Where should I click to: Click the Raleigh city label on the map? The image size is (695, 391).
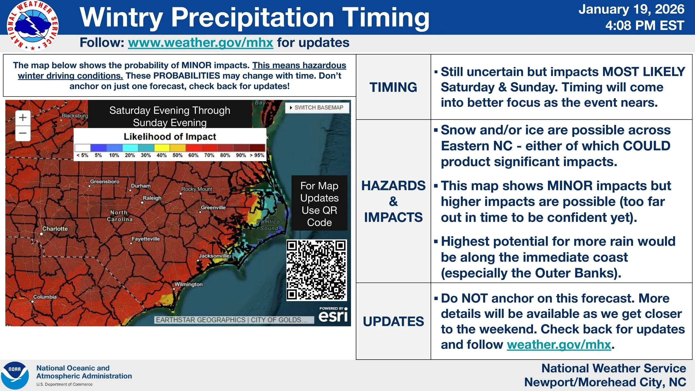pyautogui.click(x=152, y=198)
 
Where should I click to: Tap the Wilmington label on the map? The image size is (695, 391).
pyautogui.click(x=188, y=284)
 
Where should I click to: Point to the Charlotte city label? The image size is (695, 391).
pyautogui.click(x=55, y=229)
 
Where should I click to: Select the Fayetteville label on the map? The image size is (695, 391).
pyautogui.click(x=146, y=239)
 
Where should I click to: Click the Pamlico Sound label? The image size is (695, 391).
pyautogui.click(x=269, y=225)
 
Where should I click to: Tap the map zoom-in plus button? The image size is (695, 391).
pyautogui.click(x=23, y=117)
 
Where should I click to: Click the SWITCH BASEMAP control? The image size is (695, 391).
pyautogui.click(x=317, y=108)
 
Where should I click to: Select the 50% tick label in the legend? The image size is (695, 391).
pyautogui.click(x=177, y=155)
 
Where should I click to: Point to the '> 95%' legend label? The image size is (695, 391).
pyautogui.click(x=257, y=155)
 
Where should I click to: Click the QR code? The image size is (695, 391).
pyautogui.click(x=317, y=270)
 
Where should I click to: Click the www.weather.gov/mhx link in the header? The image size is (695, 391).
pyautogui.click(x=200, y=43)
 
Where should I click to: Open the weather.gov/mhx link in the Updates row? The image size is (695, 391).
pyautogui.click(x=559, y=345)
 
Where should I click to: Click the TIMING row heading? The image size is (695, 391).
pyautogui.click(x=393, y=87)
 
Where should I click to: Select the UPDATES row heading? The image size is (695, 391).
pyautogui.click(x=393, y=321)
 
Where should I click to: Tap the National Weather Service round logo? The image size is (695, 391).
pyautogui.click(x=33, y=26)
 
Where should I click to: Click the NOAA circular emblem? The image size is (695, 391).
pyautogui.click(x=15, y=375)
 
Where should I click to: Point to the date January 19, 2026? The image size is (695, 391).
pyautogui.click(x=631, y=9)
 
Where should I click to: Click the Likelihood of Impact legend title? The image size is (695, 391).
pyautogui.click(x=170, y=137)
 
